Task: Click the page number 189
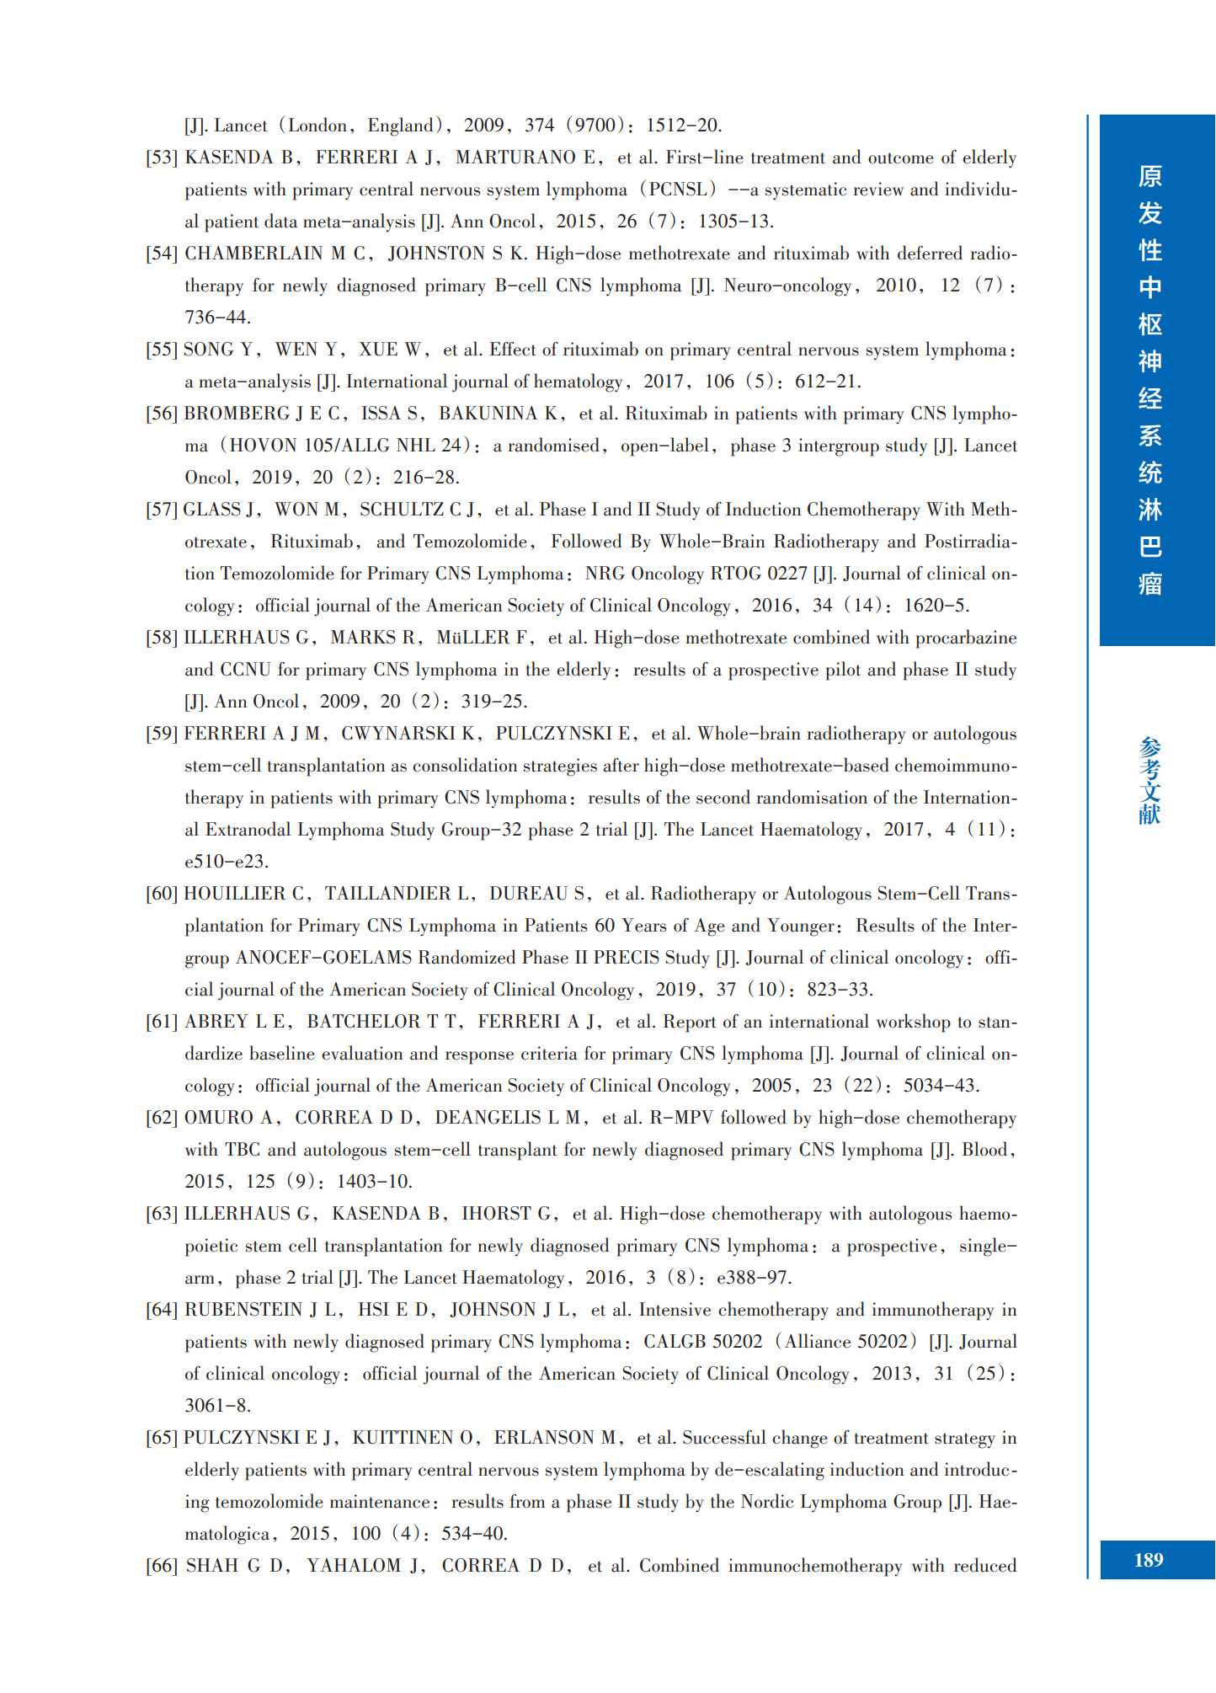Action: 1149,1560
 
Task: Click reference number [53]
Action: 162,158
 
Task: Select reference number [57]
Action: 162,510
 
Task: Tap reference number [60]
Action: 162,894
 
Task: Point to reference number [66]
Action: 162,1566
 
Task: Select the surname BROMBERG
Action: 237,414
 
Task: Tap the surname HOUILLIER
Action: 235,894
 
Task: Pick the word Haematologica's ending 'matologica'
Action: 227,1534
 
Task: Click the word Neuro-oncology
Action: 787,286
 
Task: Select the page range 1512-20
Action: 683,126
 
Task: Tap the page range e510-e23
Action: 226,862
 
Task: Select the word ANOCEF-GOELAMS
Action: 323,958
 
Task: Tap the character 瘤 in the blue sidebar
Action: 1149,584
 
